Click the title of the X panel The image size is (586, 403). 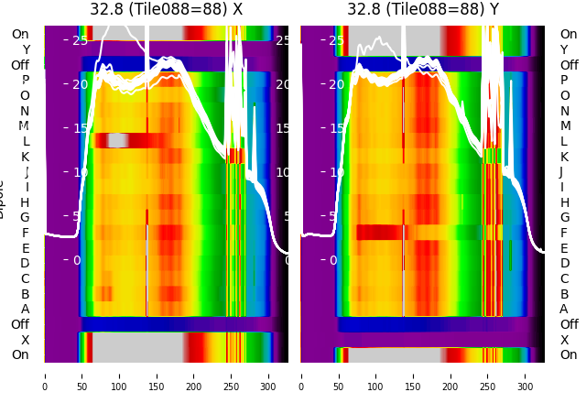pyautogui.click(x=166, y=9)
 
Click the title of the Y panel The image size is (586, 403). pyautogui.click(x=423, y=9)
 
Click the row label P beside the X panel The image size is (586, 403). pyautogui.click(x=25, y=81)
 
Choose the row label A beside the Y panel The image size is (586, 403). pyautogui.click(x=564, y=309)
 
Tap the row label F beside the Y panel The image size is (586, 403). pyautogui.click(x=564, y=233)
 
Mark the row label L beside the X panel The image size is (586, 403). pyautogui.click(x=25, y=141)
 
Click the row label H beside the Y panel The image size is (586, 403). pyautogui.click(x=564, y=202)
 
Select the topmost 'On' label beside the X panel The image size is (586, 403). pyautogui.click(x=20, y=34)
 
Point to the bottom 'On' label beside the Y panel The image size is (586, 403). pyautogui.click(x=569, y=354)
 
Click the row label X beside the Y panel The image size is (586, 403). pyautogui.click(x=564, y=340)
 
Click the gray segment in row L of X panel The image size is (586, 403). pyautogui.click(x=117, y=140)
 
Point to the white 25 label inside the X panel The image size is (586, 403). pyautogui.click(x=80, y=40)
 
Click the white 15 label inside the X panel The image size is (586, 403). pyautogui.click(x=80, y=128)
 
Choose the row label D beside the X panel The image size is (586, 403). pyautogui.click(x=25, y=263)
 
